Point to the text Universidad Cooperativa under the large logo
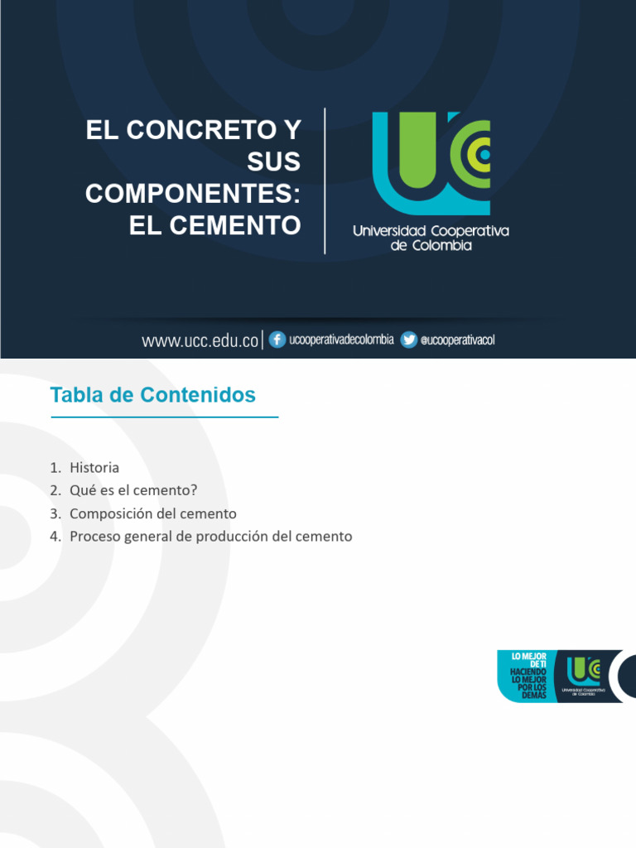pos(431,231)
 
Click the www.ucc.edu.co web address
pos(200,340)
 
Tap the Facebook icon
pos(277,340)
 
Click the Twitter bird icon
pos(409,340)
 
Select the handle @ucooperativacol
pos(458,340)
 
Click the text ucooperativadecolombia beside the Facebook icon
pos(341,340)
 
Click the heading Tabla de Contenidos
pos(153,395)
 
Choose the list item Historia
pos(94,468)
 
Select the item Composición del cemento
pos(153,513)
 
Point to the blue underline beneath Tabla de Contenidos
pos(165,417)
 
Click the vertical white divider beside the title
pos(325,181)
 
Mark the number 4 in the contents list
pos(54,537)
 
